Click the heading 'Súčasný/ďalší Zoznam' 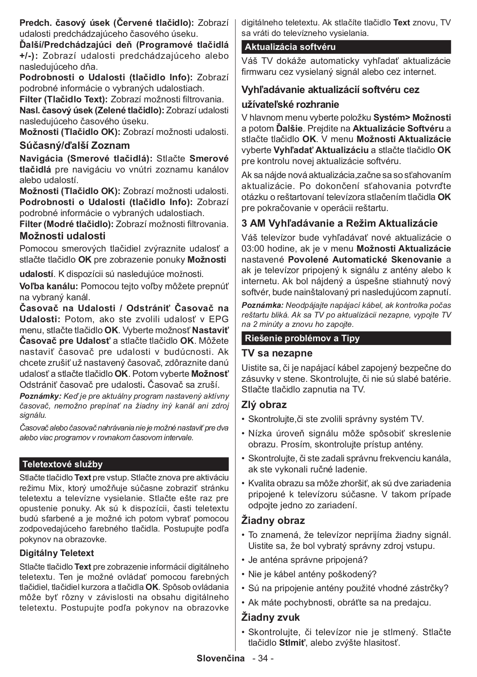tap(75, 145)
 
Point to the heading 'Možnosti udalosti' tap(63, 236)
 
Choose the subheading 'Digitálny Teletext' tap(57, 553)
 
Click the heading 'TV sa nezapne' tap(277, 353)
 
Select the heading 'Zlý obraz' tap(264, 405)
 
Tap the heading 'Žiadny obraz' tap(273, 521)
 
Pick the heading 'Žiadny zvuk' tap(270, 617)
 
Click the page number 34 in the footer tap(263, 658)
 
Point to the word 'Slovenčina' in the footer tap(221, 658)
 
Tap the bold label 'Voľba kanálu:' tap(49, 286)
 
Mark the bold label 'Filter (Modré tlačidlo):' tap(66, 224)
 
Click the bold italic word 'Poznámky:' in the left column tap(41, 396)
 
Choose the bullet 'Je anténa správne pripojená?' tap(308, 560)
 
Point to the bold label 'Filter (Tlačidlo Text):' tap(64, 100)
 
